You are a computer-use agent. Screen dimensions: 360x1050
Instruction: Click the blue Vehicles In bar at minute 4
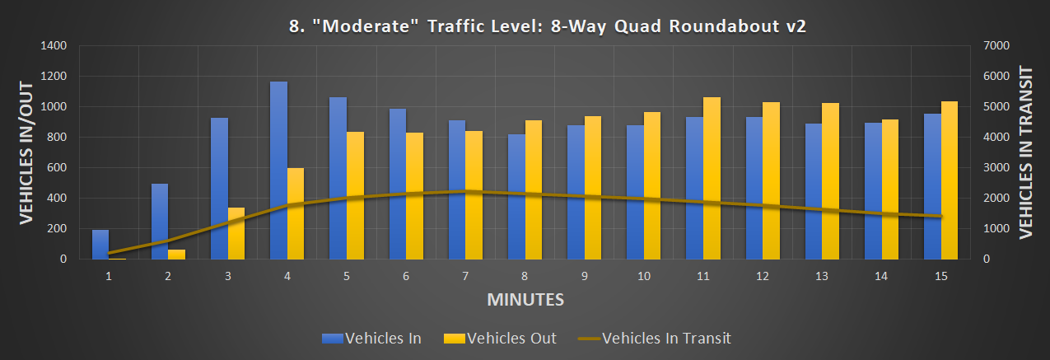pyautogui.click(x=278, y=171)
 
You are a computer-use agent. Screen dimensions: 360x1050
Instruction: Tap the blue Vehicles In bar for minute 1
pyautogui.click(x=100, y=245)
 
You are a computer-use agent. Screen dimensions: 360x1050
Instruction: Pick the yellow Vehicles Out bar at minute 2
pyautogui.click(x=176, y=255)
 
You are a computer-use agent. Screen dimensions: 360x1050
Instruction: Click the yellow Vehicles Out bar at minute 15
pyautogui.click(x=950, y=180)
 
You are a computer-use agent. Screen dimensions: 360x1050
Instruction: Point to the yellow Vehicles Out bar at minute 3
pyautogui.click(x=236, y=233)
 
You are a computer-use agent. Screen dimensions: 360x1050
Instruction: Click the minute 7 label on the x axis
pyautogui.click(x=465, y=277)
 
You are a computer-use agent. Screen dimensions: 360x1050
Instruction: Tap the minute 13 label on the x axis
pyautogui.click(x=822, y=277)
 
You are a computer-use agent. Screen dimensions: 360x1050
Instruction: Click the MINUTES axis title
pyautogui.click(x=525, y=299)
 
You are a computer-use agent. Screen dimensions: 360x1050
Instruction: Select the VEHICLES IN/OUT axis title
pyautogui.click(x=26, y=152)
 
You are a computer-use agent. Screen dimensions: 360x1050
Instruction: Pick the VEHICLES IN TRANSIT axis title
pyautogui.click(x=1026, y=152)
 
